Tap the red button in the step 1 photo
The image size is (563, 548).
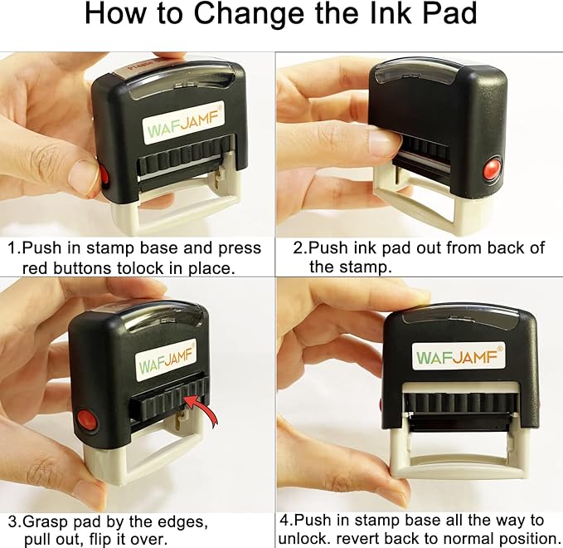pos(105,175)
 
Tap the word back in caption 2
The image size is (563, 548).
pos(510,247)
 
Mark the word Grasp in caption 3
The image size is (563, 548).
pos(51,521)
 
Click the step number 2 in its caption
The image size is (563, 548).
pos(298,247)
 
